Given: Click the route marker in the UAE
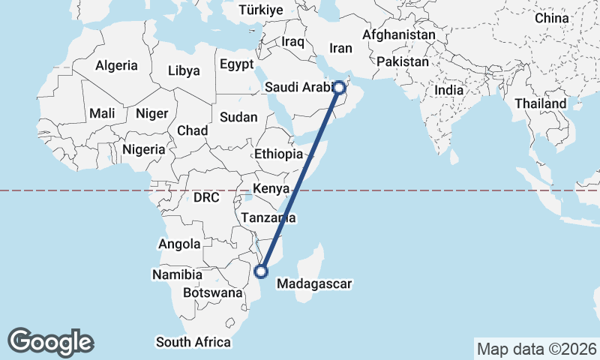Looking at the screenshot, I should pos(339,88).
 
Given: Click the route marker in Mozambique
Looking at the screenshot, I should pos(262,271).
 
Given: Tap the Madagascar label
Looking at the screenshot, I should pos(314,284).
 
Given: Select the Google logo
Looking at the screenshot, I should pos(50,341).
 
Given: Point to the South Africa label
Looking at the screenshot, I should pos(193,342).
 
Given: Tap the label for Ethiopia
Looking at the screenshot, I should pos(278,154).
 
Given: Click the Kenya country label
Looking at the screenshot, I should pos(271,188).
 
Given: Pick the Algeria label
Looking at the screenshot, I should pos(116,65).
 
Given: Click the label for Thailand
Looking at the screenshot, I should pos(541,103).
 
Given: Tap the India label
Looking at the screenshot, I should pos(449,90).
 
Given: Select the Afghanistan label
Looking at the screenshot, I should pos(398,34).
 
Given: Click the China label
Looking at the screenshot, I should pos(552,18).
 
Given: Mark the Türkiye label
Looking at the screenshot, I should pos(261,10).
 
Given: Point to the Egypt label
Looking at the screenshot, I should pos(237,64).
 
